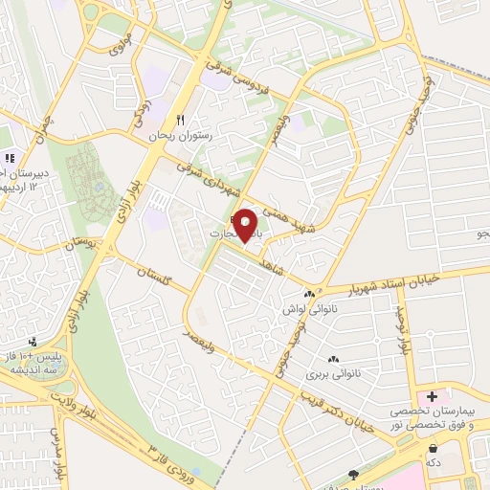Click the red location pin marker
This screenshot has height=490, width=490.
point(246,224)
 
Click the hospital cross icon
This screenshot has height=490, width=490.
point(432,395)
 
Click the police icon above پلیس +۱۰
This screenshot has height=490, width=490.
point(34,341)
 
